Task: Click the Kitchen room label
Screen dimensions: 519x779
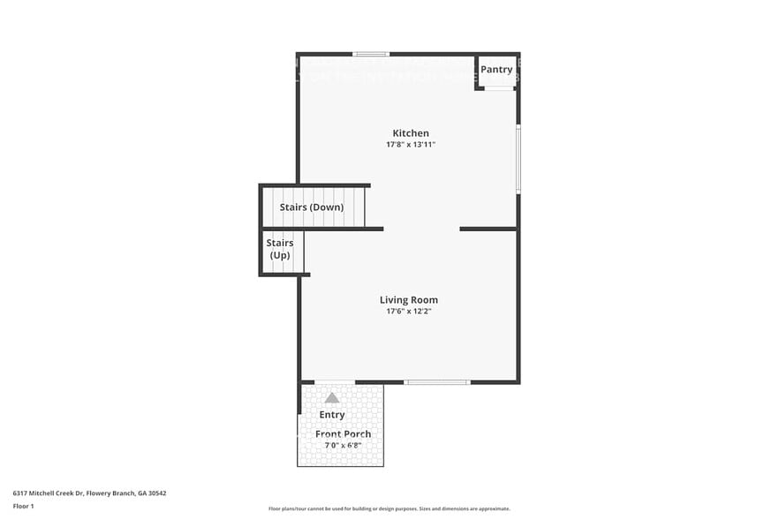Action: point(411,133)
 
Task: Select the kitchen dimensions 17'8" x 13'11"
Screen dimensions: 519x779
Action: point(411,145)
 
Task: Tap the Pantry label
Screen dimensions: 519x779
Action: point(496,70)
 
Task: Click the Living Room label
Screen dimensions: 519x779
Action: point(409,300)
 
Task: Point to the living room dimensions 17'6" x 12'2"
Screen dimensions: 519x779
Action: point(409,312)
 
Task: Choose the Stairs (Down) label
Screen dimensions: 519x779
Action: point(312,207)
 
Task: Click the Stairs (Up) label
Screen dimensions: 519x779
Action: point(279,249)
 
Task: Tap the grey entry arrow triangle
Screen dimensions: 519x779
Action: point(332,398)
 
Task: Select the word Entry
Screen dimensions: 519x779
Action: point(332,415)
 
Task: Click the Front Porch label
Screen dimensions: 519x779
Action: point(343,434)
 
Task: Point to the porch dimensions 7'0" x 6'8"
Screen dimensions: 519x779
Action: point(343,445)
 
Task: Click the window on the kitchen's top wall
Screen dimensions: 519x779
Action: point(371,54)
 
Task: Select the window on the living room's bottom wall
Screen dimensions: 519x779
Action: point(437,382)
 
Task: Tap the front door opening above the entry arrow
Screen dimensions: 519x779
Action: point(335,382)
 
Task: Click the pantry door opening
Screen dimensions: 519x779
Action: point(499,88)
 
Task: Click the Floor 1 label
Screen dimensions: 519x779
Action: point(24,506)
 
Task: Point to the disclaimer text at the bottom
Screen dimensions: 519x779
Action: point(389,508)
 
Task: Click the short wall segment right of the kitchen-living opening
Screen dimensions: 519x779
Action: point(488,229)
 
